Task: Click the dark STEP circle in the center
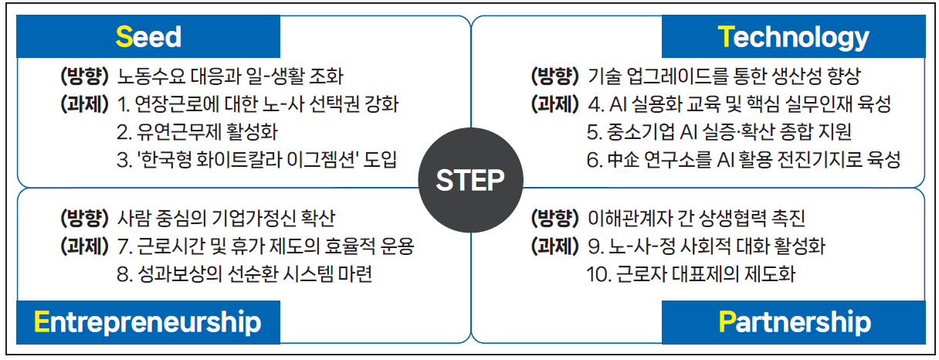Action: coord(470,180)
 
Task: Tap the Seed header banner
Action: coord(148,36)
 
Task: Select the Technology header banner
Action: coord(793,36)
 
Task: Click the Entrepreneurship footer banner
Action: coord(148,322)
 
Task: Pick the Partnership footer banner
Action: coord(793,322)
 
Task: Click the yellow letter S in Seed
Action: coord(124,37)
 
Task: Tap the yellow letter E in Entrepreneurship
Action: coord(42,321)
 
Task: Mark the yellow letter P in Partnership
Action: coord(727,321)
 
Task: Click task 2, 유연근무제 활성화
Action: coord(197,132)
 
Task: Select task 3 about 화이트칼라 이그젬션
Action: coord(256,160)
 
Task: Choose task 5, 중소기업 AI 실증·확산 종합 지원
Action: coord(720,132)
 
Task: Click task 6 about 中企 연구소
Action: coord(744,160)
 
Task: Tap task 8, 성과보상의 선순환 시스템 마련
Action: coord(244,274)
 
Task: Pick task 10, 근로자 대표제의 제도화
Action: coord(691,274)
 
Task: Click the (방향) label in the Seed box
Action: coord(85,76)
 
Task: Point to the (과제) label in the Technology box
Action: coord(555,104)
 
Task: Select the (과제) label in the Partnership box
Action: coord(555,246)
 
